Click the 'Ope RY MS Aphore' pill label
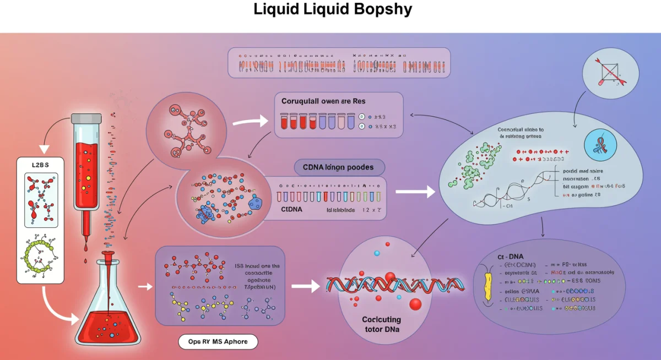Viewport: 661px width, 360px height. tap(218, 341)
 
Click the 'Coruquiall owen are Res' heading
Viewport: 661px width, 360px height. tap(323, 102)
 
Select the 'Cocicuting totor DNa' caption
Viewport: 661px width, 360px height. tap(381, 324)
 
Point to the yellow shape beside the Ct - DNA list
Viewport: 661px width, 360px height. tap(488, 286)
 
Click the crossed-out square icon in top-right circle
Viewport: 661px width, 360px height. tap(610, 73)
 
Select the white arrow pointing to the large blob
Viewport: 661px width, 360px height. tap(415, 192)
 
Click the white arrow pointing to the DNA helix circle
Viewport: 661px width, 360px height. tap(306, 286)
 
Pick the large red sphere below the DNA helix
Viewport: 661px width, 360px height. tap(415, 304)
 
